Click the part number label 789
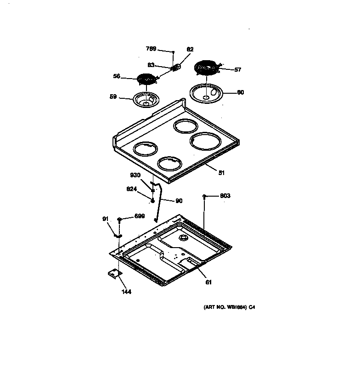click(151, 49)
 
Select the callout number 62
click(191, 50)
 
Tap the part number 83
click(151, 65)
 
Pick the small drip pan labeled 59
click(146, 99)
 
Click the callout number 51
click(221, 173)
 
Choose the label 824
click(132, 188)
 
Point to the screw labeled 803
click(203, 196)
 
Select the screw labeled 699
click(119, 220)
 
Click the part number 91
click(105, 219)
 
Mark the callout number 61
click(208, 282)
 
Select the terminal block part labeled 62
click(175, 67)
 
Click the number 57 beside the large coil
click(237, 70)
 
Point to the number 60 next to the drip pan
click(240, 92)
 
